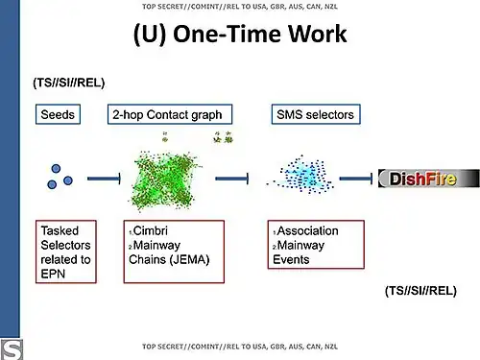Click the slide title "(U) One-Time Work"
click(x=239, y=36)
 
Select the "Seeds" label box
click(x=57, y=114)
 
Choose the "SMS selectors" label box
click(x=315, y=114)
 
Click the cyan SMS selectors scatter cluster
click(x=309, y=177)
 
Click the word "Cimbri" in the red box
click(x=151, y=231)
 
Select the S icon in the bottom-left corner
click(x=11, y=348)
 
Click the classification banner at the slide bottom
click(x=239, y=346)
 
